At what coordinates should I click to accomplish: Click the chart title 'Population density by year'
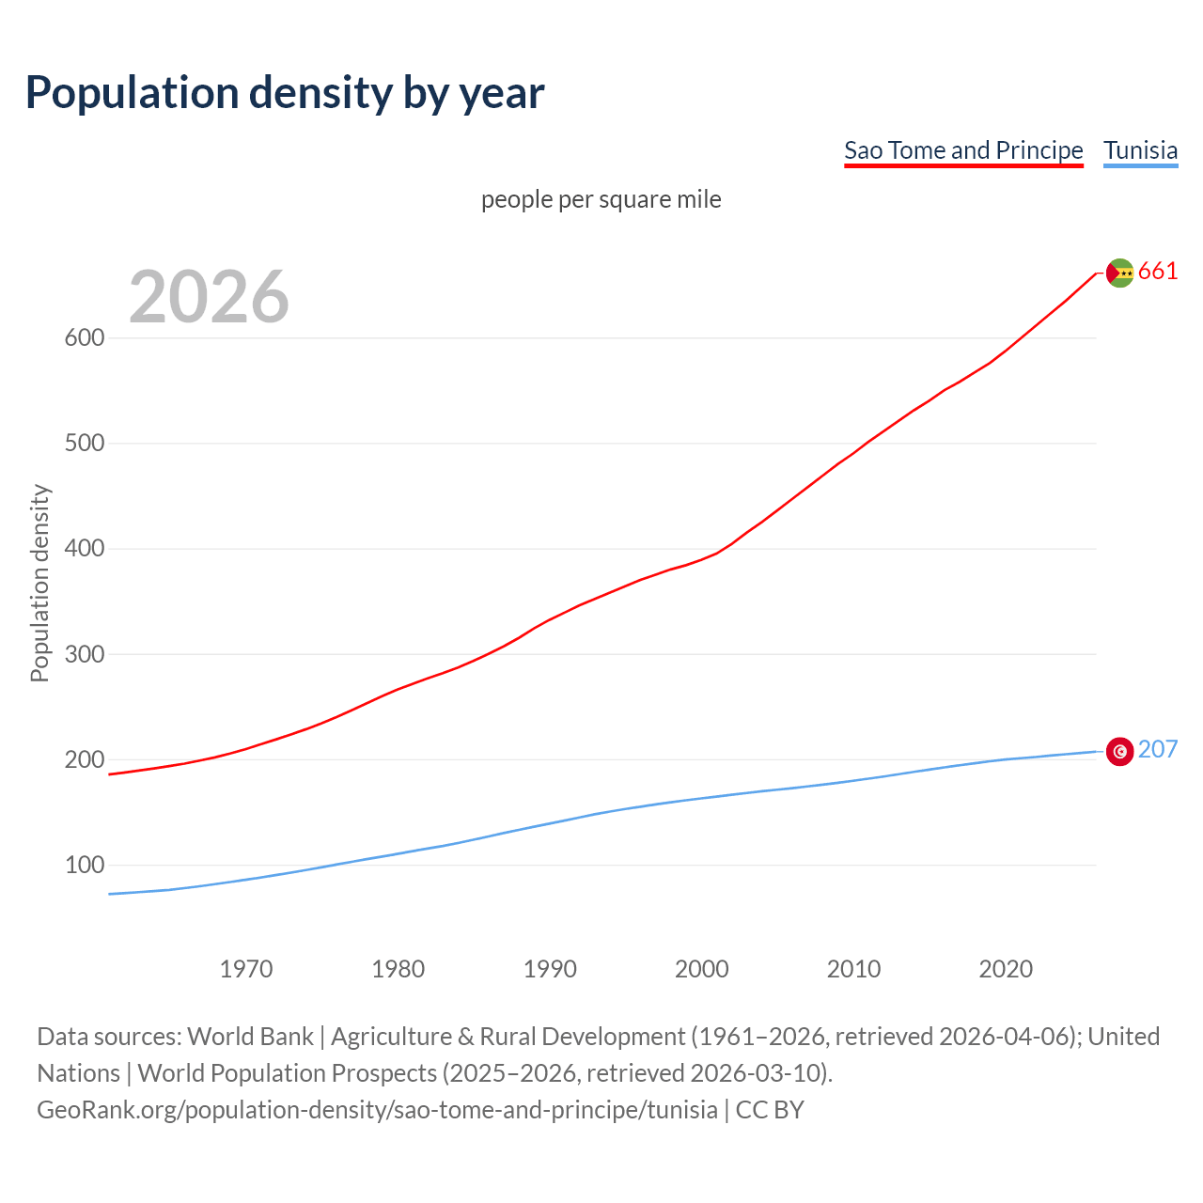(285, 92)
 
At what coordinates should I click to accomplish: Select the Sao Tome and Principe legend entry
(963, 150)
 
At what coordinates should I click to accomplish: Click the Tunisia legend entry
(1140, 150)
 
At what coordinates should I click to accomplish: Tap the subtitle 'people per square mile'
(601, 199)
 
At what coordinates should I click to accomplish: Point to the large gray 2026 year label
(209, 297)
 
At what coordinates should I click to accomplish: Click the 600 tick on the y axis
(84, 337)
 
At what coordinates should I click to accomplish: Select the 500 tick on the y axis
(84, 443)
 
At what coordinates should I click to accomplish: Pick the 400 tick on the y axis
(84, 548)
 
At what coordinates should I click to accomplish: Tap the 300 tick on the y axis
(84, 654)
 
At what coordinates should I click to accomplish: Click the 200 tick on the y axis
(84, 759)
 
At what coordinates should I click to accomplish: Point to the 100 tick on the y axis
(84, 865)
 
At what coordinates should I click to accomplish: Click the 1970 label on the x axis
(246, 969)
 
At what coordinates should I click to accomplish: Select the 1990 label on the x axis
(550, 969)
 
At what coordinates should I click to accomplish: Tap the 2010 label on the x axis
(853, 969)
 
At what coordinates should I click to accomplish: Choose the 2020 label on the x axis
(1006, 969)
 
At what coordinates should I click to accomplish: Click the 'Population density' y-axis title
(39, 583)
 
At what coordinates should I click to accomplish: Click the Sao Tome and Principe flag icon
(1119, 273)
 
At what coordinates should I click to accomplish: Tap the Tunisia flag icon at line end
(1119, 751)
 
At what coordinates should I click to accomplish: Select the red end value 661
(1158, 272)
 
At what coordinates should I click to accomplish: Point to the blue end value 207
(1158, 749)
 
